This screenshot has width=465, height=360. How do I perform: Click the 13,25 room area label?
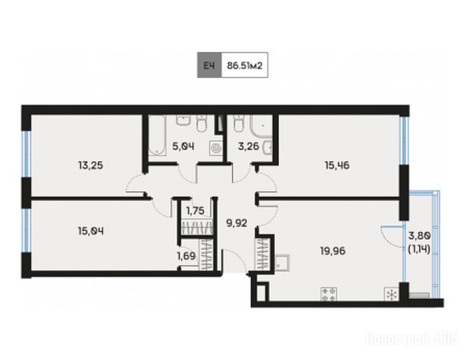[91, 165]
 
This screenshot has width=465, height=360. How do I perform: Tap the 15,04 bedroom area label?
[91, 231]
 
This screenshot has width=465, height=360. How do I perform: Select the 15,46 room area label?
[337, 165]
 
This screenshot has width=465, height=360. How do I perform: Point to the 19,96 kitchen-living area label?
[333, 251]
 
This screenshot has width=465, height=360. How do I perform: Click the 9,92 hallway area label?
[237, 223]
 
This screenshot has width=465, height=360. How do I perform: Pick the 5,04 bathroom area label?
[183, 146]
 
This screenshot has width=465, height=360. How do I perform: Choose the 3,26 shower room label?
[249, 146]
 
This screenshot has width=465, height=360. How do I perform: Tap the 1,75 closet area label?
[195, 211]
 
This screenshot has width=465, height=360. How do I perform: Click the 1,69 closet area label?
[186, 255]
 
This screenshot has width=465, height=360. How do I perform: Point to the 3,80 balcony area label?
[420, 236]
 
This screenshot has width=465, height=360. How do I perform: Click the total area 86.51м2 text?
[245, 65]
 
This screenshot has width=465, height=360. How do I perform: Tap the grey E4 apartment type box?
[210, 65]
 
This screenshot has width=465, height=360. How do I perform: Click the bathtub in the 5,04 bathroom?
[157, 135]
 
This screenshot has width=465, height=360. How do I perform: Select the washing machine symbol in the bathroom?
[216, 147]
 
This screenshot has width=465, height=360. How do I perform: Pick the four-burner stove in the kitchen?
[329, 294]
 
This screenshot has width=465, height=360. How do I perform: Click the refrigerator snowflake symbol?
[391, 294]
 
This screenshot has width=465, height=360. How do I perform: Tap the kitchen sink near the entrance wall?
[282, 263]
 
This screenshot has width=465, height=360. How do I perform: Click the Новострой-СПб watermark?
[412, 339]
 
